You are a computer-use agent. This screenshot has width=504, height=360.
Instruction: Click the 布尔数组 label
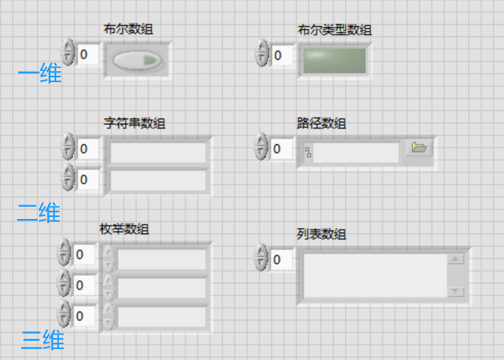[x=128, y=29]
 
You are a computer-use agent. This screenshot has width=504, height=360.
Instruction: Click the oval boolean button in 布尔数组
[x=137, y=61]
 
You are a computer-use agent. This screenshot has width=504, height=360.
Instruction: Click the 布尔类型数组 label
[x=334, y=29]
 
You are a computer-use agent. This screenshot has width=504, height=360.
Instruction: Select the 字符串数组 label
[x=134, y=123]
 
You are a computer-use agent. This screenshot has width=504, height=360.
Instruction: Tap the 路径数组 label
[x=321, y=123]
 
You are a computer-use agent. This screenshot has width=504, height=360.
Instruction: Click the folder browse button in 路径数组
[x=418, y=148]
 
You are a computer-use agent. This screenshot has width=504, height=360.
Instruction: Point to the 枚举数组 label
[x=124, y=229]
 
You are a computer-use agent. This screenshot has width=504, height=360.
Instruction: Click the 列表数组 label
[x=321, y=234]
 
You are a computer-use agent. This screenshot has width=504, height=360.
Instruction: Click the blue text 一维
[x=39, y=73]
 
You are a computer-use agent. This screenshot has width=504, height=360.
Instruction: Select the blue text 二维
[x=38, y=213]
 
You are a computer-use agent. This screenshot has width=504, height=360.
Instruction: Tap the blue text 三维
[x=42, y=339]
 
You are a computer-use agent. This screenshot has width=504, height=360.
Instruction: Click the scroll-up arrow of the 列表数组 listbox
[x=455, y=259]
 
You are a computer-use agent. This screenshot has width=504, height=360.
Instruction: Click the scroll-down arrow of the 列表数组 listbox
[x=455, y=292]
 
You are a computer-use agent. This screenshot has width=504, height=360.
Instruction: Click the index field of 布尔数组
[x=88, y=54]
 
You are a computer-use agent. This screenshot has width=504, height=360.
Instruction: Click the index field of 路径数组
[x=281, y=149]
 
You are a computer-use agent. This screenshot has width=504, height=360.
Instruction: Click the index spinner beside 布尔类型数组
[x=262, y=54]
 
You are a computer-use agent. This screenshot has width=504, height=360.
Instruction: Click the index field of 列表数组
[x=281, y=260]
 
